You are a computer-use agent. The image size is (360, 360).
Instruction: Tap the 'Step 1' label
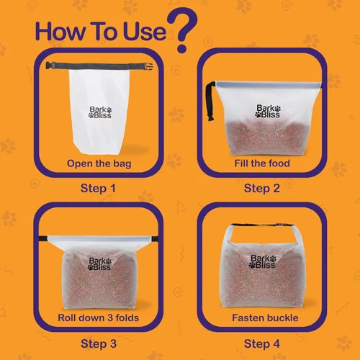[x=98, y=189]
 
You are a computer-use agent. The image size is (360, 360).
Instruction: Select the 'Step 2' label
[x=263, y=189]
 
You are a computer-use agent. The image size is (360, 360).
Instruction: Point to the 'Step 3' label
[x=98, y=343]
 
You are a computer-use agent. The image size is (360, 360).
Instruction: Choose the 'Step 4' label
[x=263, y=343]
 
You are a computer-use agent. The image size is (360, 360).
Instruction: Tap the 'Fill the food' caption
[x=262, y=163]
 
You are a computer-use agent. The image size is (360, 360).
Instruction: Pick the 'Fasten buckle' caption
[x=262, y=318]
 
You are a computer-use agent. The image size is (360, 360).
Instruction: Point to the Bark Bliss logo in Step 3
[x=102, y=264]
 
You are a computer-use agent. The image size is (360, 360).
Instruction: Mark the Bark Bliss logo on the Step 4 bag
[x=264, y=262]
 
